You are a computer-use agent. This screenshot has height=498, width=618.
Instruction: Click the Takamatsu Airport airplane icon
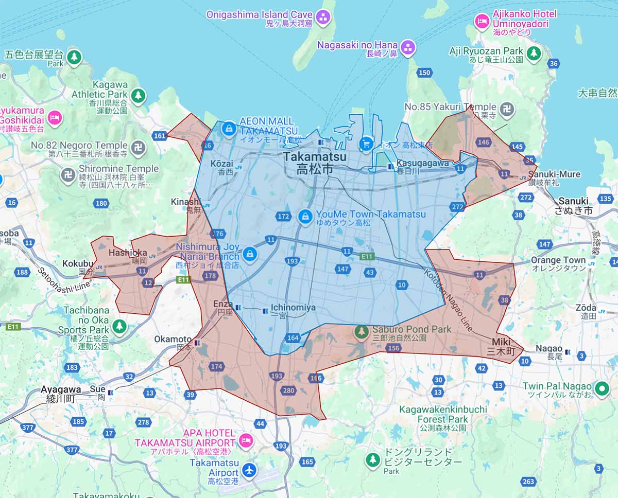coord(249,469)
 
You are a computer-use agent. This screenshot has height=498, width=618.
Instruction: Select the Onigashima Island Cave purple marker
coord(323,17)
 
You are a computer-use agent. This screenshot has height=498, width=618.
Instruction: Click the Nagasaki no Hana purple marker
coord(408,48)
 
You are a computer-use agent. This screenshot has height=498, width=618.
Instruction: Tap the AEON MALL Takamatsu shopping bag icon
coord(227,129)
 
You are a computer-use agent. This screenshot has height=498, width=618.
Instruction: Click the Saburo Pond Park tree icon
coord(362,332)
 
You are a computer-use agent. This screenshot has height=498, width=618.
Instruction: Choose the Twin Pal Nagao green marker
coord(601,389)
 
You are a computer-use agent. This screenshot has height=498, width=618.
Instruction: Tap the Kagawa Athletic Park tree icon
coord(138,95)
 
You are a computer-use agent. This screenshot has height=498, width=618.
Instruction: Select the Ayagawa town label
coord(61,394)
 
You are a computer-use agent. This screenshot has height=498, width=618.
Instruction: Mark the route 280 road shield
coord(288,390)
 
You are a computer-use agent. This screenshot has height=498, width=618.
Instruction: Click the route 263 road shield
coord(528,482)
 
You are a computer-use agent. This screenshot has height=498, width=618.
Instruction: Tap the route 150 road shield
coord(424,73)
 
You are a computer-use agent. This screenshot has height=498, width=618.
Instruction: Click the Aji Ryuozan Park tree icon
coord(534,52)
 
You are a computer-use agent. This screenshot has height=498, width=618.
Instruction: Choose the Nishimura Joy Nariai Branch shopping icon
coord(250,253)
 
